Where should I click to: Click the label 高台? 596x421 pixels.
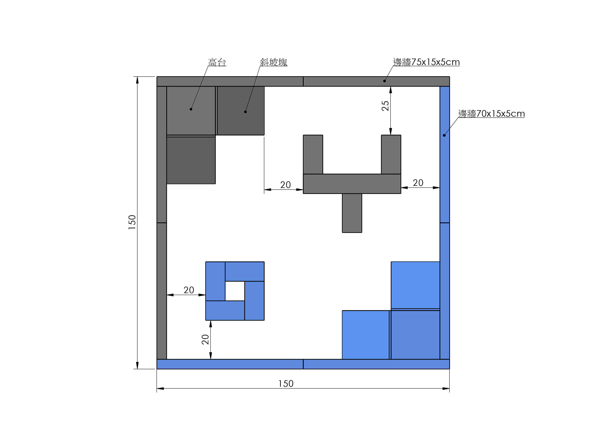point(217,62)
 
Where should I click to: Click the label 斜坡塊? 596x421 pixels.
point(274,62)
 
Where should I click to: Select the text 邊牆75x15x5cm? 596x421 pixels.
point(426,62)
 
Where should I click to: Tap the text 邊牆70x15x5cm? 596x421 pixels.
point(491,114)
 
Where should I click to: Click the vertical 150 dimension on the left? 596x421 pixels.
point(132,222)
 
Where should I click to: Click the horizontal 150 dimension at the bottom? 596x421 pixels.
point(286,384)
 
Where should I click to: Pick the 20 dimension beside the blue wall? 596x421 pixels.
point(418,183)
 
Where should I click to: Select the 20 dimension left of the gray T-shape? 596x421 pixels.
point(285,185)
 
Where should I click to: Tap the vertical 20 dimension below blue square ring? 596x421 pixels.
point(205,339)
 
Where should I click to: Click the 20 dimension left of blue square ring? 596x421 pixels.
point(189,290)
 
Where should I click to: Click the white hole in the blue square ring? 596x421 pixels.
point(235,291)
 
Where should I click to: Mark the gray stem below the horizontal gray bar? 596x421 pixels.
point(352,213)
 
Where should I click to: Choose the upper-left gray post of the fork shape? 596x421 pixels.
point(313,154)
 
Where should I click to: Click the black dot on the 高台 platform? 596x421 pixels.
point(191,109)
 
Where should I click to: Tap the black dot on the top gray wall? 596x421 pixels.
point(384,81)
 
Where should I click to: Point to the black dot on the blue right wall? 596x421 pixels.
point(444,135)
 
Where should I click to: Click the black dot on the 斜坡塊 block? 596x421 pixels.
point(245,112)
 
